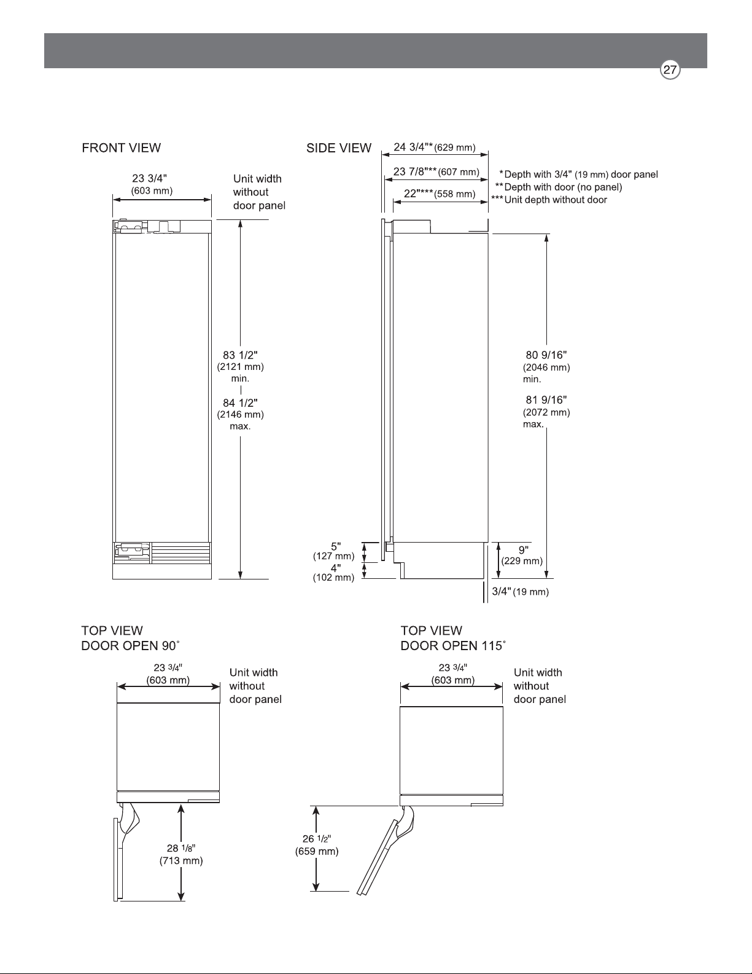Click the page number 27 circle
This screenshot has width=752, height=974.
point(670,70)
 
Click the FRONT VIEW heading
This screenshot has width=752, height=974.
point(121,148)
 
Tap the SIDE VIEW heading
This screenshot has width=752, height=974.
point(339,148)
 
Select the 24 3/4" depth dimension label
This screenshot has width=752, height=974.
point(434,147)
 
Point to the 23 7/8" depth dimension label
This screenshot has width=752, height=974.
point(436,171)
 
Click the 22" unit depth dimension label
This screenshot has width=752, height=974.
point(440,194)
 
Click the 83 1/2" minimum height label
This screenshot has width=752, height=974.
point(241,366)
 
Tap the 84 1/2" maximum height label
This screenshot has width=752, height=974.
point(241,414)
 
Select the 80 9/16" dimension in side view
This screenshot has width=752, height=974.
point(546,367)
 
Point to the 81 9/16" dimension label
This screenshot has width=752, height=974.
point(546,412)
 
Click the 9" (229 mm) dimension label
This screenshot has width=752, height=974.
point(522,555)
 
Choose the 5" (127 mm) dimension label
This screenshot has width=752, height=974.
point(334,551)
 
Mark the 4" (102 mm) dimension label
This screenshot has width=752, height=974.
point(334,573)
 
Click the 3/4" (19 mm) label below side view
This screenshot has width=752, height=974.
point(520,592)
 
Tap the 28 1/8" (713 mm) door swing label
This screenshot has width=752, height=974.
point(181,854)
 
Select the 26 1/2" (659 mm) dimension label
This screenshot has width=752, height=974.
point(317,845)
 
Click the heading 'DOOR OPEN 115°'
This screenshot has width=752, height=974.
point(453,646)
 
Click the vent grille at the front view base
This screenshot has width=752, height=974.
point(181,553)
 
